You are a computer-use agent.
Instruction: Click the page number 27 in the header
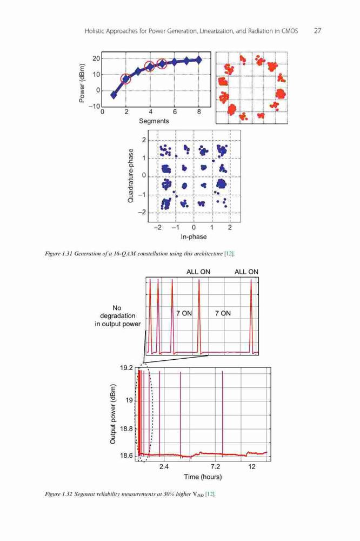tap(318, 31)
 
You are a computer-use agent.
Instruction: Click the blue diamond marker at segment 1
tap(114, 95)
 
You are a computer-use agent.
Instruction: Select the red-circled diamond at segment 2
tap(126, 79)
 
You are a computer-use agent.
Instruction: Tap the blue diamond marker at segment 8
tap(198, 60)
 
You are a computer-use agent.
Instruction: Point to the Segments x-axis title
tap(154, 121)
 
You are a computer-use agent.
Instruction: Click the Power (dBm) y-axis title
tap(82, 83)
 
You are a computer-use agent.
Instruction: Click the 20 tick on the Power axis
tap(96, 58)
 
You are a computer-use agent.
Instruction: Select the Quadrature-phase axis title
tap(130, 176)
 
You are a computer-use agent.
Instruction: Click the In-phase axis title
tap(194, 237)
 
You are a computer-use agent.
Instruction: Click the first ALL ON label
tap(198, 272)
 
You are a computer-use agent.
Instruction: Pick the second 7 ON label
tap(223, 313)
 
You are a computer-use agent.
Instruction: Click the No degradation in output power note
tap(118, 316)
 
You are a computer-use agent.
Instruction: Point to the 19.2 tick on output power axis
tap(126, 368)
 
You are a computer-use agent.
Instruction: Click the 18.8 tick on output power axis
tap(126, 429)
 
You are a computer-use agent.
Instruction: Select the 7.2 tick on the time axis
tap(215, 467)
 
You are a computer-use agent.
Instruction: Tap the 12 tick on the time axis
tap(252, 467)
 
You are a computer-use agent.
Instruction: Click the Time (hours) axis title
tap(203, 477)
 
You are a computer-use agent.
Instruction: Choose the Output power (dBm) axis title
tap(113, 414)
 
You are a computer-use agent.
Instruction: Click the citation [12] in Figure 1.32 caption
tap(210, 494)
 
